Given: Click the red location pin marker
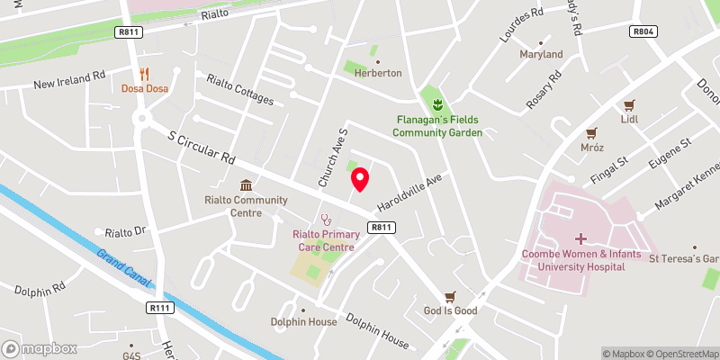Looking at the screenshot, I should tap(359, 179).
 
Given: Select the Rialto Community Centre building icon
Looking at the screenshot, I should tap(244, 184).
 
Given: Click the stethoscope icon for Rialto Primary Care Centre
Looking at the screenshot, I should tap(325, 219).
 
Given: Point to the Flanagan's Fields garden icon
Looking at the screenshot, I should tap(437, 104).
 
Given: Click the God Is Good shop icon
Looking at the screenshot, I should tap(451, 296).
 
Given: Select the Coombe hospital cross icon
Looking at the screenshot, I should tap(580, 238).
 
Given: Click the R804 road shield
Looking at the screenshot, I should tap(642, 31).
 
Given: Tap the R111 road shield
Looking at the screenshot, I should tap(159, 308).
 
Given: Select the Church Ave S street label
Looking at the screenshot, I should tap(330, 156).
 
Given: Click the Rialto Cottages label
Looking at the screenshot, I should tap(239, 89).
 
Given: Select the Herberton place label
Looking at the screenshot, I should tap(378, 73).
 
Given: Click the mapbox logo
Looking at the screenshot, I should tap(40, 348).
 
